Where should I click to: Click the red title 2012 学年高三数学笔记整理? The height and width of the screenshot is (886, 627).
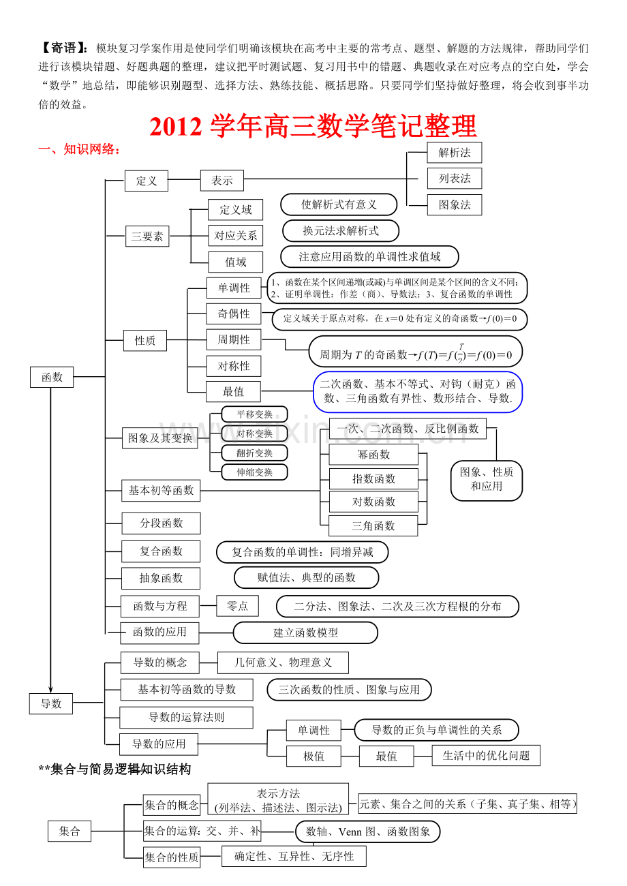tap(313, 126)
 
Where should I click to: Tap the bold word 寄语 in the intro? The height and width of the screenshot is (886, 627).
tap(63, 48)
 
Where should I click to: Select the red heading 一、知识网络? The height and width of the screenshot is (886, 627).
tap(79, 149)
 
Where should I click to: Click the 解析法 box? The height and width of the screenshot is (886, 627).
tap(454, 152)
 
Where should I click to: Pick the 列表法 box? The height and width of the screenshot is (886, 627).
tap(455, 179)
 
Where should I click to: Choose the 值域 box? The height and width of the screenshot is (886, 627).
tap(235, 262)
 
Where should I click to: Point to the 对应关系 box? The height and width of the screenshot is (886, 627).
tap(235, 236)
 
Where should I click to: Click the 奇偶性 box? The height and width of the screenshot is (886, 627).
tap(233, 314)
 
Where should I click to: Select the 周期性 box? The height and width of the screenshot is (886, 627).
tap(233, 339)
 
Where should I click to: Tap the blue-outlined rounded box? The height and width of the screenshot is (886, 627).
tap(418, 392)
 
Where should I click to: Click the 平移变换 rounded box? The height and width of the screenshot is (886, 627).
tap(254, 414)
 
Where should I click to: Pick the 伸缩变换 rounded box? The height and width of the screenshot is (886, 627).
tap(254, 472)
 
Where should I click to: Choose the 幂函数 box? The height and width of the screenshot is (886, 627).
tap(373, 454)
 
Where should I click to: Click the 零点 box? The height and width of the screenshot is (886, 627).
tap(237, 606)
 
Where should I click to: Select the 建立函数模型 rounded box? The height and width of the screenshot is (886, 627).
tap(305, 632)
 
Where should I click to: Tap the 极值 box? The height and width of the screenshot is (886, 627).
tap(313, 756)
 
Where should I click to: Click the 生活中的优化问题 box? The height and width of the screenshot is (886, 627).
tap(486, 755)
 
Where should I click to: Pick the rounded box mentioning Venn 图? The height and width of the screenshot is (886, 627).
tap(367, 831)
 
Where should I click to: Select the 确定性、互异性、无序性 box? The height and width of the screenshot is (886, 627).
tap(294, 856)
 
